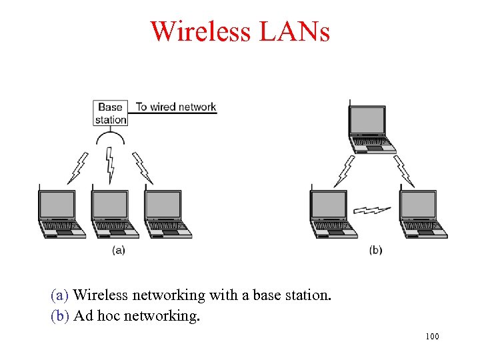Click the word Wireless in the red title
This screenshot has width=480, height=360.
pos(199,31)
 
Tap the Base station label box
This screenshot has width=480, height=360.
pos(111,113)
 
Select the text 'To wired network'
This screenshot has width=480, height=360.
pos(176,107)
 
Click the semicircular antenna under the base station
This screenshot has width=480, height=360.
pos(111,139)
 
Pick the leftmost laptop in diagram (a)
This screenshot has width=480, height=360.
pos(59,213)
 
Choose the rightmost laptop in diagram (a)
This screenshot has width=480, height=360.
pos(165,213)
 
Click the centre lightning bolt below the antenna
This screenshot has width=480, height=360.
pos(111,164)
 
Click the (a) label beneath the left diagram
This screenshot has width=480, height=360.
pos(119,250)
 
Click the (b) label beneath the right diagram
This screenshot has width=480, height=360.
pos(376,250)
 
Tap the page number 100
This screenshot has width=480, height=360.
pos(432,337)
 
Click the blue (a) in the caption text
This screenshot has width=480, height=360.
pos(61,295)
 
